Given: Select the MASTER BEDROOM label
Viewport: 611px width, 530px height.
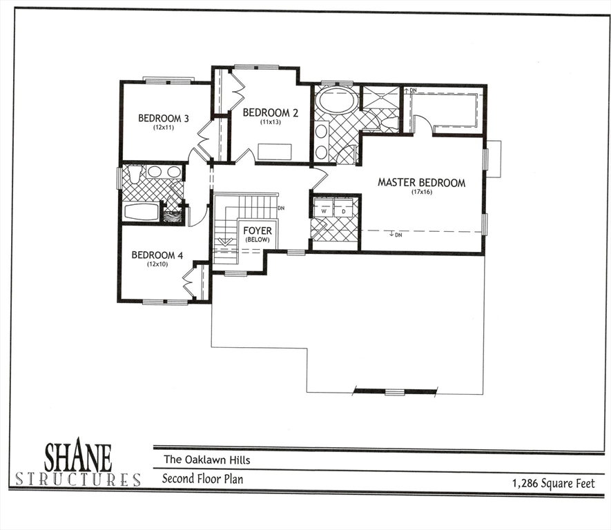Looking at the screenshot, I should click(x=421, y=183).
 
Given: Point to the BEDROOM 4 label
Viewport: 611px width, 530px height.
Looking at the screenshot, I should click(x=157, y=255).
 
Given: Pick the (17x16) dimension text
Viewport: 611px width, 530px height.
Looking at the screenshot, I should click(x=421, y=193).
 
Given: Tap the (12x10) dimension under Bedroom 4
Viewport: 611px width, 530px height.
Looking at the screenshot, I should click(x=157, y=264).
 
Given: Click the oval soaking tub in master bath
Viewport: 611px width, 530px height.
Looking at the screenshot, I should click(x=337, y=101).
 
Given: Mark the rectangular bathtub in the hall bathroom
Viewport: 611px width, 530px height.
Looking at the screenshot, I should click(x=141, y=212).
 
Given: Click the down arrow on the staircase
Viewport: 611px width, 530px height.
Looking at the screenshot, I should click(x=224, y=242).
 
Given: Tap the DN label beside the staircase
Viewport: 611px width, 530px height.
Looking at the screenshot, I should click(x=281, y=208).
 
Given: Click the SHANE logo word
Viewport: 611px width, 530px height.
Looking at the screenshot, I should click(x=77, y=456).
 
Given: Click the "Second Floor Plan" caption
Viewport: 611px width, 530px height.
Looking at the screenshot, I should click(x=202, y=478).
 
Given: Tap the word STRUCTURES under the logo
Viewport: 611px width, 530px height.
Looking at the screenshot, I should click(x=77, y=479).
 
